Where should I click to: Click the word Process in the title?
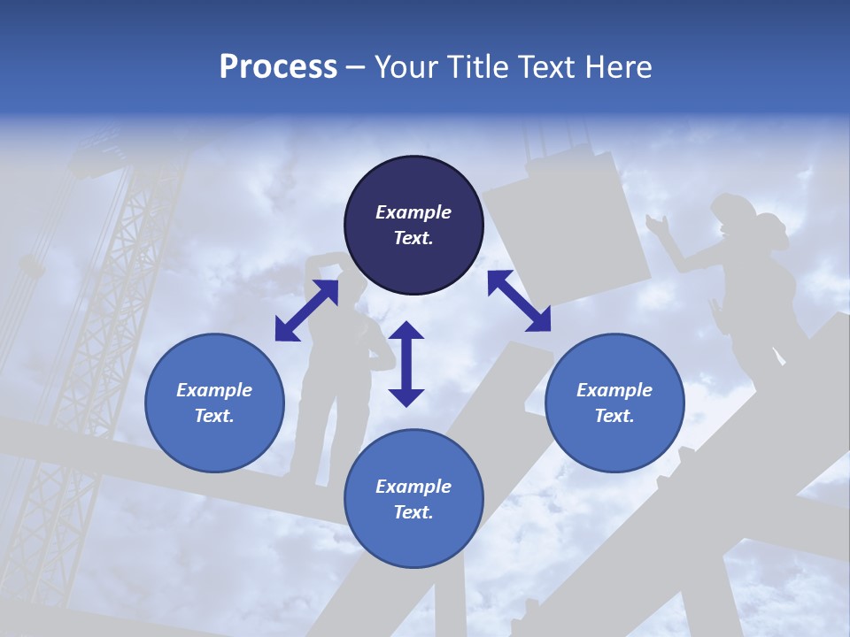[x=278, y=67]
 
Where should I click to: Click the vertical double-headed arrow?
[x=406, y=364]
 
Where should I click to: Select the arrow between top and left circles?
[x=306, y=310]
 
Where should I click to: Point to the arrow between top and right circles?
[x=519, y=301]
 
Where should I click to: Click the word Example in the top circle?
[x=413, y=212]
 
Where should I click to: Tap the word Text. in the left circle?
[x=214, y=416]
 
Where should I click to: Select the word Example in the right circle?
[x=614, y=390]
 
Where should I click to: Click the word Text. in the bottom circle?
[x=413, y=512]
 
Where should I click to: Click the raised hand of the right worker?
[x=656, y=225]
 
